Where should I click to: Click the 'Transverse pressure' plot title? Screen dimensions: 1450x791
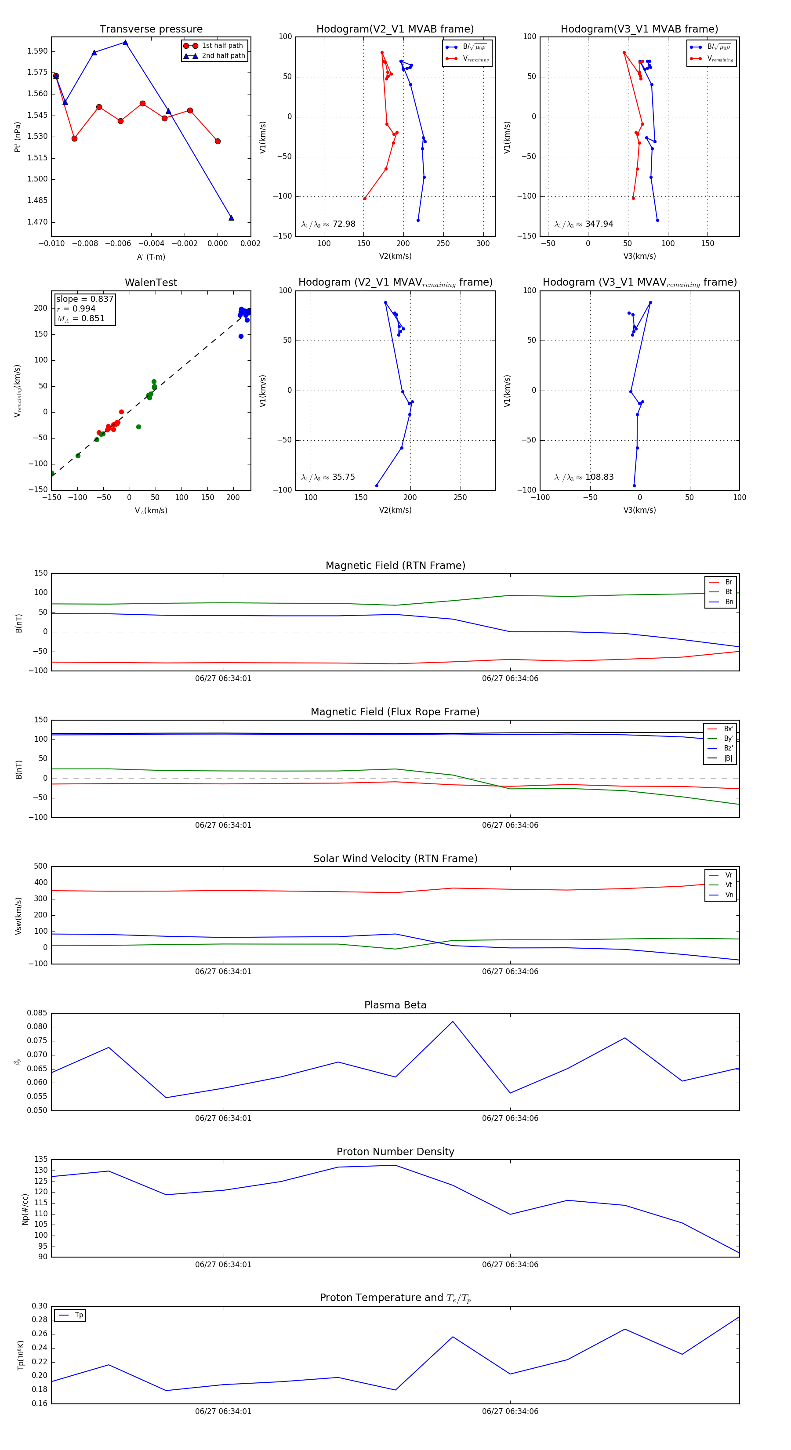pos(151,29)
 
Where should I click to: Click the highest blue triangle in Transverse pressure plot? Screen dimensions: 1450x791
pos(125,43)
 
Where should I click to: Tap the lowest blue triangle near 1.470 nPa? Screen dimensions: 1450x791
pos(231,218)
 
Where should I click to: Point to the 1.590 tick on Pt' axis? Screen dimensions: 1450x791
pos(37,51)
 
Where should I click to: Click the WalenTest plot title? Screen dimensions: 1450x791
pos(151,283)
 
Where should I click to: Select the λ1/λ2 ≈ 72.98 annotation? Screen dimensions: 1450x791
pos(328,224)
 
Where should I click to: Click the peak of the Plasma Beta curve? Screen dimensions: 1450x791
pos(453,1022)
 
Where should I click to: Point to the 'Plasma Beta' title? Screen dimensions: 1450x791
pos(395,1005)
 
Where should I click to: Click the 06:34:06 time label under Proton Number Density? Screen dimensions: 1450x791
pos(509,1264)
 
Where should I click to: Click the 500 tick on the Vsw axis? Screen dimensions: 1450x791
pos(40,866)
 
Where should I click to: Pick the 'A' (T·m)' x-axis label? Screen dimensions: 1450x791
pos(151,257)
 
